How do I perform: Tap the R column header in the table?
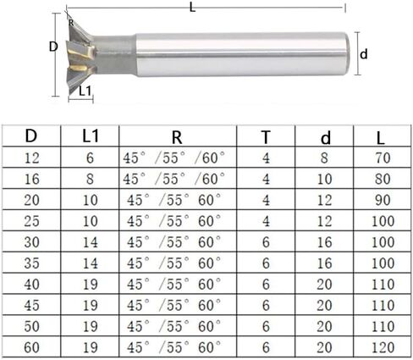click(x=175, y=136)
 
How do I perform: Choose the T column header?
click(x=265, y=136)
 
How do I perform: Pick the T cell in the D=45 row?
click(x=265, y=305)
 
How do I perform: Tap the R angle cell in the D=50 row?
click(x=175, y=326)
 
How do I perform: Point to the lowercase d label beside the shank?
click(x=364, y=53)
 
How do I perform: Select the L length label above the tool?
click(x=193, y=8)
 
